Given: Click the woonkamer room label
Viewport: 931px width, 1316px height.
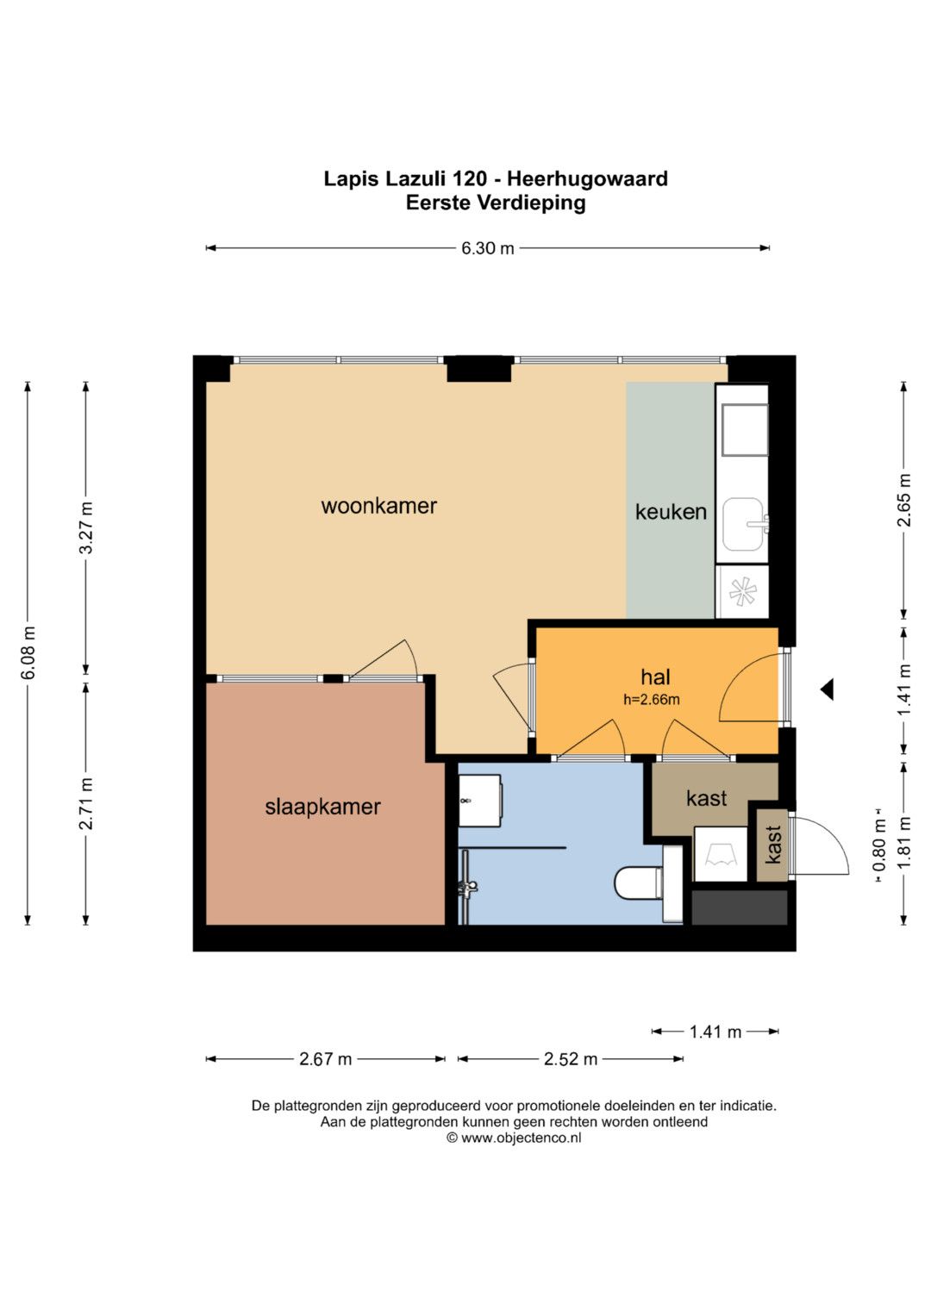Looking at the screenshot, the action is point(378,506).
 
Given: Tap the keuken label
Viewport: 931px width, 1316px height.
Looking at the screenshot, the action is point(671,512).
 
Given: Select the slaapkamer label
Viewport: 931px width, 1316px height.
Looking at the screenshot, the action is point(322,807).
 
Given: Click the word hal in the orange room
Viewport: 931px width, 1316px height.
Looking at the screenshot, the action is point(655,677).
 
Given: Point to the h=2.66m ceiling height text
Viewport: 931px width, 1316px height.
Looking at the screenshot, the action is point(651,699).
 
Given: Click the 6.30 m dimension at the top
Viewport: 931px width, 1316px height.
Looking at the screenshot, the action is point(487,248).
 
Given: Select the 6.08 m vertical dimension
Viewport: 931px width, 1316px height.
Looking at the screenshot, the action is point(28,652).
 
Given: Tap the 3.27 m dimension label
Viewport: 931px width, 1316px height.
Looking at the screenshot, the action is point(86,527).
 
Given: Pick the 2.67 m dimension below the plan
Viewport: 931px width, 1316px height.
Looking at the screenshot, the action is point(325,1059).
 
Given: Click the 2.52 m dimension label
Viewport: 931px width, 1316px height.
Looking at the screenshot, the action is point(570,1059).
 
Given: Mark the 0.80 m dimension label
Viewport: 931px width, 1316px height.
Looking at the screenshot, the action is point(879,846).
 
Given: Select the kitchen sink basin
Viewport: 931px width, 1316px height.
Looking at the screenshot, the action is point(743,525).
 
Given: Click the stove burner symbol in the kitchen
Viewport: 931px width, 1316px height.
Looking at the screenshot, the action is point(742,591).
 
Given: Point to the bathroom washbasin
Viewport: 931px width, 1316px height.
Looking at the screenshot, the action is point(479,800).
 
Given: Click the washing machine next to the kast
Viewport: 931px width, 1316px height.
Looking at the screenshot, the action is point(721,854).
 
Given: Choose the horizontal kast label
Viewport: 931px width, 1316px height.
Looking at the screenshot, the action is point(707,798).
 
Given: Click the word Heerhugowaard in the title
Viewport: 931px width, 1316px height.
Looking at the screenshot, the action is point(587,178).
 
